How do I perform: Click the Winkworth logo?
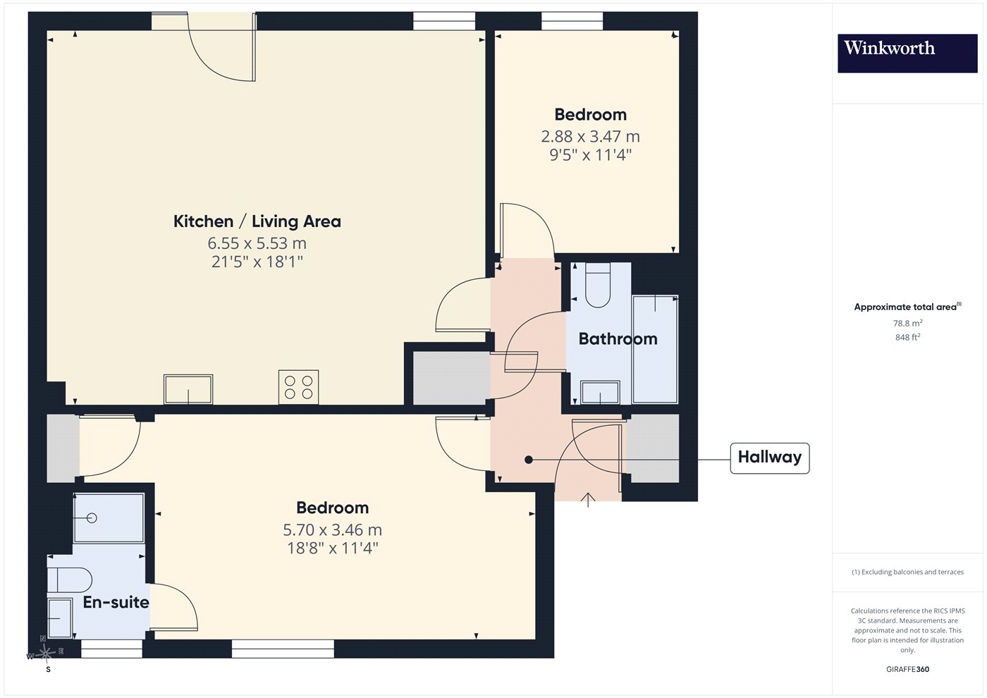click(x=907, y=53)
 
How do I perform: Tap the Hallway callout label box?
click(x=769, y=458)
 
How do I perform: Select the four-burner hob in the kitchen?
click(x=298, y=387)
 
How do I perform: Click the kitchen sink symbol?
click(x=188, y=389)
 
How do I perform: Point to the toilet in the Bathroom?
click(x=598, y=285)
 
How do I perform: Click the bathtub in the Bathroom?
click(x=655, y=349)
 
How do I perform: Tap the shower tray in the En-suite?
click(x=109, y=518)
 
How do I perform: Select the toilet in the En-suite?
click(x=69, y=580)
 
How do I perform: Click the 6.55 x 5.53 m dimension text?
click(x=257, y=243)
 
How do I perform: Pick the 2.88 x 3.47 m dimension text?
click(x=591, y=137)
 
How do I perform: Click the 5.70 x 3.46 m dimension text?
click(x=332, y=529)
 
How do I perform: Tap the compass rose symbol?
click(x=46, y=653)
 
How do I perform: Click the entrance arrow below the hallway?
click(x=588, y=500)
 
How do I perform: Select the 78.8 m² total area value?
click(x=908, y=323)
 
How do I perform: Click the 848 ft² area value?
click(x=908, y=337)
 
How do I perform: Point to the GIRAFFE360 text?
click(x=908, y=669)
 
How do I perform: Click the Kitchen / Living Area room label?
click(x=257, y=221)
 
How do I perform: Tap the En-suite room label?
click(x=116, y=602)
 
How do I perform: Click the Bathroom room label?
click(x=618, y=338)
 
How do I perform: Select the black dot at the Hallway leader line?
click(x=529, y=460)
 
